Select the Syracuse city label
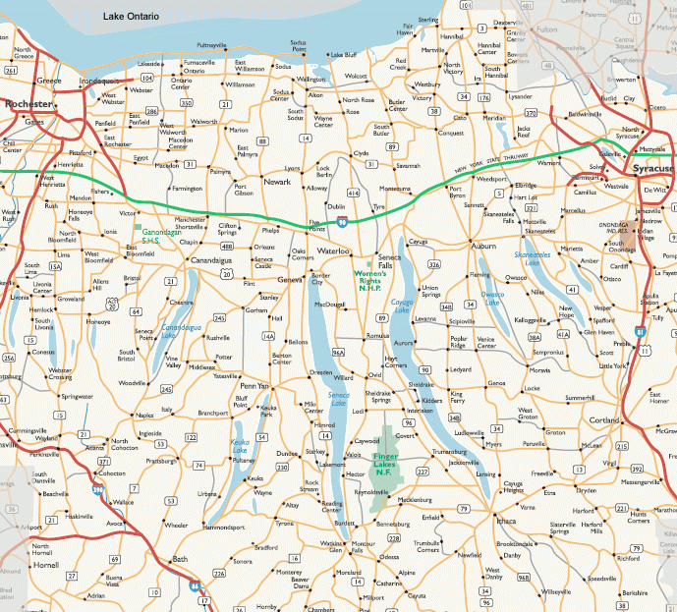(x=651, y=169)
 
